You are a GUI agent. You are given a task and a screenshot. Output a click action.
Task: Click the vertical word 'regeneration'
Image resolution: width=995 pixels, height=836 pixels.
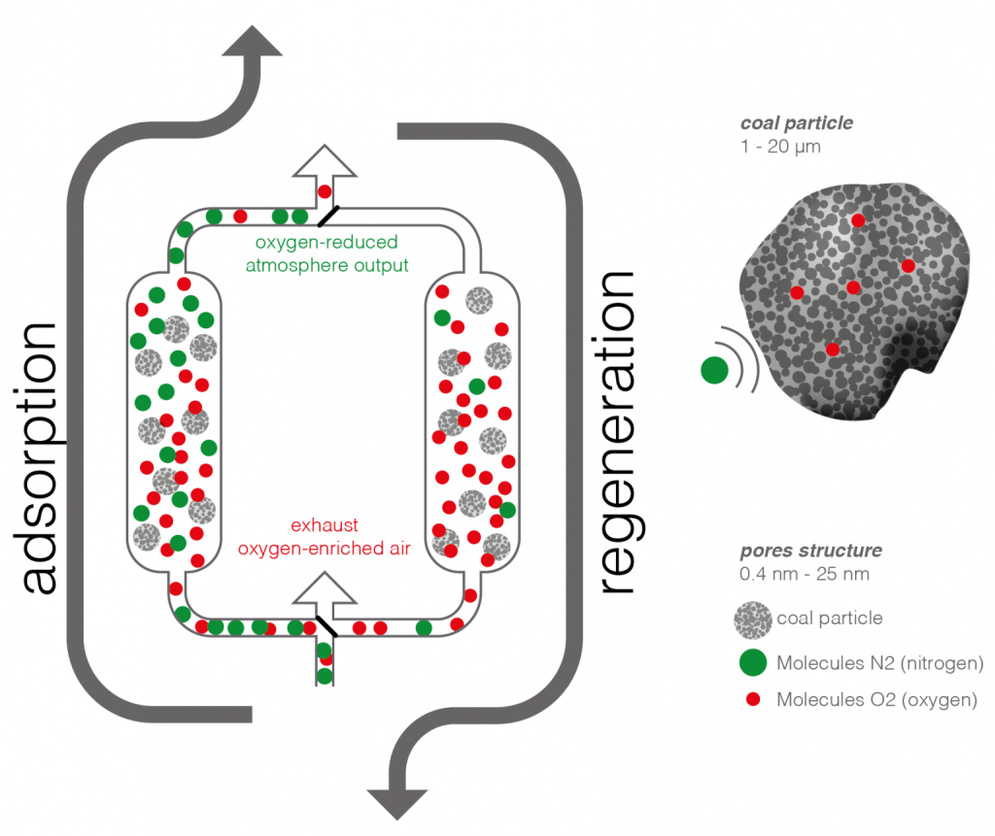click(619, 432)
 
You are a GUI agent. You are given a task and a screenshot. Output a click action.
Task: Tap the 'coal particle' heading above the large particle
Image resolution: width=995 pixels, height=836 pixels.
click(797, 123)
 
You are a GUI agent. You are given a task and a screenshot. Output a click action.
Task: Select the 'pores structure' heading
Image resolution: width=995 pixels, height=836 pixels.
click(810, 551)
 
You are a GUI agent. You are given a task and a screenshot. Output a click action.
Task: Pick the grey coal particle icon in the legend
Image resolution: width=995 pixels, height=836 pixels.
click(753, 619)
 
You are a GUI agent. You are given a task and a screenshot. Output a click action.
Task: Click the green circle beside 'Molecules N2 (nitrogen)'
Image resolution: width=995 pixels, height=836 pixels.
click(753, 663)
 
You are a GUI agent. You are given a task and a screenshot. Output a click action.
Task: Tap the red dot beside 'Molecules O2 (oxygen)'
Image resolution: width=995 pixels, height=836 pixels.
click(753, 699)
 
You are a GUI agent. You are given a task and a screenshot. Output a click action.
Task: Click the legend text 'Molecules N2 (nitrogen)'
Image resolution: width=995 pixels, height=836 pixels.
click(881, 663)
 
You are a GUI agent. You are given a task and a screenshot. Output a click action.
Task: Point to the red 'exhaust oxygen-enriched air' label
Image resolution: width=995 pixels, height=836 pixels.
click(326, 537)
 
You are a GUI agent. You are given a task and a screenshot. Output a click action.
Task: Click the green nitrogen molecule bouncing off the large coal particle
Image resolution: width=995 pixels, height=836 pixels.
click(714, 369)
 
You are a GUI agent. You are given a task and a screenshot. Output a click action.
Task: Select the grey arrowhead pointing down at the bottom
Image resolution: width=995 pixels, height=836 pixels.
click(397, 798)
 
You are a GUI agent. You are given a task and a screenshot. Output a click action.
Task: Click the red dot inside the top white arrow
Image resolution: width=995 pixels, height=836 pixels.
click(325, 191)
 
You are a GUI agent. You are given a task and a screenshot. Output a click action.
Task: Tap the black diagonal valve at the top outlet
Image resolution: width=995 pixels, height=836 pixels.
click(330, 214)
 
